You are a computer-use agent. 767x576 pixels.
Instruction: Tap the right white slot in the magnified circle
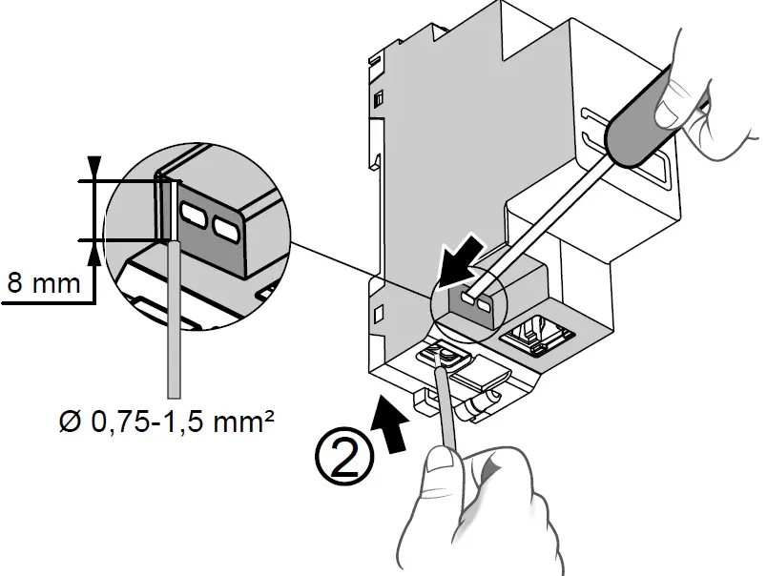[226, 227]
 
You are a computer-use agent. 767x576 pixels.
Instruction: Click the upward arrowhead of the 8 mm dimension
[93, 254]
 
